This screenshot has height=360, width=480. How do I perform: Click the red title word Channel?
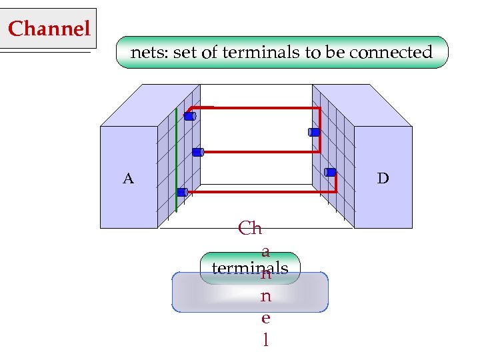coord(49,29)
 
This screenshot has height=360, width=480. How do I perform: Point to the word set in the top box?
coord(185,52)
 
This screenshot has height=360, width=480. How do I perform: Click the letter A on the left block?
coord(128,178)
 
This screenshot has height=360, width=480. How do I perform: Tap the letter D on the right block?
coord(383,178)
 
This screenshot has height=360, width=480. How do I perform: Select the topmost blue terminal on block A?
coord(189,116)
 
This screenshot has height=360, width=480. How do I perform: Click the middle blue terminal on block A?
coord(197,152)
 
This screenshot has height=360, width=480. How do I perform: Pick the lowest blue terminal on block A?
coord(182,192)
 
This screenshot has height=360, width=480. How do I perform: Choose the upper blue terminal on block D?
coord(314,132)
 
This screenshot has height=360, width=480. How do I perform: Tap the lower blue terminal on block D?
coord(330,172)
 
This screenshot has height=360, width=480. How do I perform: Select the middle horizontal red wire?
coord(260,152)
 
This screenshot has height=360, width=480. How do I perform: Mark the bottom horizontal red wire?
coord(260,192)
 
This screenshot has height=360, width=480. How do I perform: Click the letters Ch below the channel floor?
coord(250,229)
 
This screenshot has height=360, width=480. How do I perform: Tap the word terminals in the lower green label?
coord(250,268)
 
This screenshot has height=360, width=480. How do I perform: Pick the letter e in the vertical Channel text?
coord(265,317)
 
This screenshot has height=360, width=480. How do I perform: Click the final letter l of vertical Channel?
coord(266,340)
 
